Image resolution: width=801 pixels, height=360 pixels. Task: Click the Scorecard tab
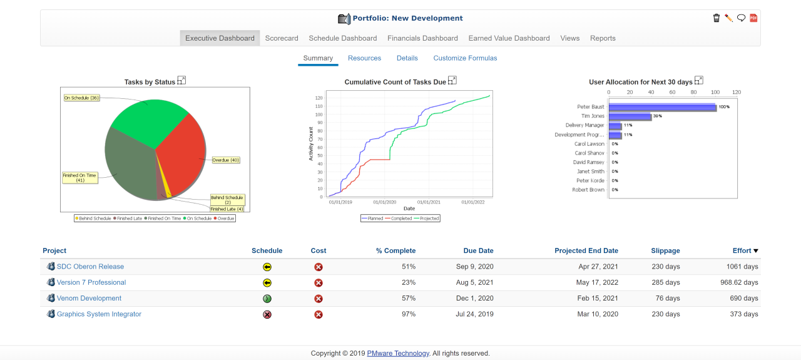[x=282, y=38]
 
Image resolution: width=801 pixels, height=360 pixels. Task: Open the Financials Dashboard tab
[x=422, y=38]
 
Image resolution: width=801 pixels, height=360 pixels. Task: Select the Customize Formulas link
[x=465, y=58]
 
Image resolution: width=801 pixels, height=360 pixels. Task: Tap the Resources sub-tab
[x=364, y=58]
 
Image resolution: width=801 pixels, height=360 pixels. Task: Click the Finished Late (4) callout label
[x=227, y=209]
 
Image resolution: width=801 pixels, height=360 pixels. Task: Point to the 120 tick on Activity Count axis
[x=319, y=98]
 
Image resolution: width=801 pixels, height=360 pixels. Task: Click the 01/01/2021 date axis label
[x=429, y=202]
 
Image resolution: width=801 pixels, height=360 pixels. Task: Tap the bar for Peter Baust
[x=662, y=107]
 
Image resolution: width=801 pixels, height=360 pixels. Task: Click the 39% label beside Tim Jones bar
[x=658, y=116]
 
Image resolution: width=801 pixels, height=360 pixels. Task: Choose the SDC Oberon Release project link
[x=90, y=267]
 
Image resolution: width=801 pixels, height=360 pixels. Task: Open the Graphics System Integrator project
[x=99, y=314]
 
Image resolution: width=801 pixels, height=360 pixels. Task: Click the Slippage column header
[x=665, y=251]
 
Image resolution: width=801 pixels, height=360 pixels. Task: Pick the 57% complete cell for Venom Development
[x=408, y=299]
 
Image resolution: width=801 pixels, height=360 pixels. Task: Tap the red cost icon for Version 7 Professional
[x=319, y=283]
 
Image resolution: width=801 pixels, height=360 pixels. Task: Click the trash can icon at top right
[x=717, y=18]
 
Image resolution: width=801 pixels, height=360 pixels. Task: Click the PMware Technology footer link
[x=398, y=353]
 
